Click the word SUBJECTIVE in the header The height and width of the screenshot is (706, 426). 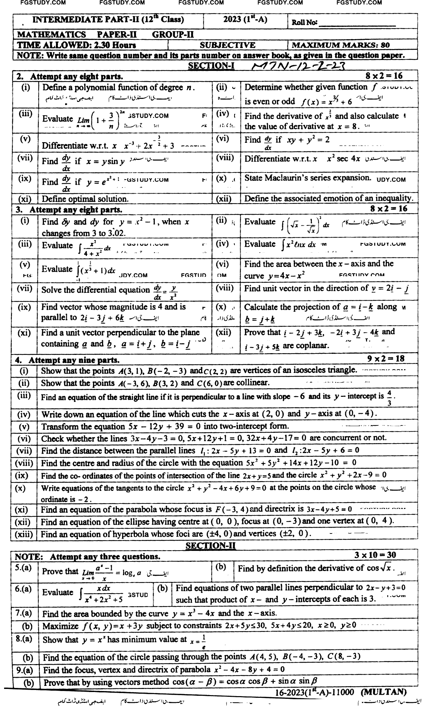(x=227, y=45)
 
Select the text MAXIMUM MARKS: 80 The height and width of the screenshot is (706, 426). (x=341, y=45)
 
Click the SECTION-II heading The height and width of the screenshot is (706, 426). (x=211, y=546)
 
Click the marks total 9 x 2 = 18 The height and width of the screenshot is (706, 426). (x=386, y=358)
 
